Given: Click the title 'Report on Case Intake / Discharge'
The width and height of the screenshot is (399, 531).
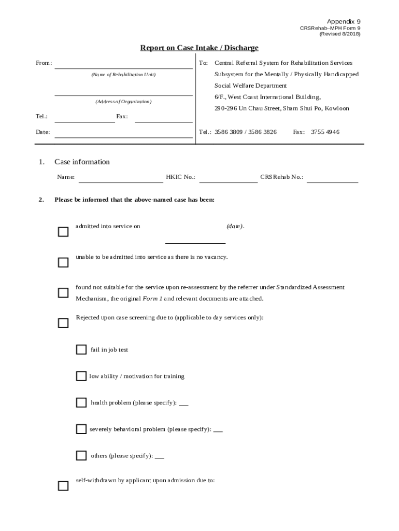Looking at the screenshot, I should [199, 48].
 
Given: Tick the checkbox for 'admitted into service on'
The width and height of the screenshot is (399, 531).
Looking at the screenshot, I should [63, 232].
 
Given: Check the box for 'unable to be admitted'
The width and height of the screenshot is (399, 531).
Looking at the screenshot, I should [63, 262].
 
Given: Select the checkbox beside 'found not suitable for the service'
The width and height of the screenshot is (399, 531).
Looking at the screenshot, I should [63, 293].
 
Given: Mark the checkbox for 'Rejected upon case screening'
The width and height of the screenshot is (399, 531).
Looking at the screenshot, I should [63, 323].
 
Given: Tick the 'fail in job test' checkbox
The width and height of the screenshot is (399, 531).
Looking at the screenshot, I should [81, 350].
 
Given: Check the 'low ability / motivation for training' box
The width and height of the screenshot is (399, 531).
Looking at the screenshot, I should [81, 376].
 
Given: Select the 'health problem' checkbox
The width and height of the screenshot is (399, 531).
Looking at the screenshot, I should [81, 402].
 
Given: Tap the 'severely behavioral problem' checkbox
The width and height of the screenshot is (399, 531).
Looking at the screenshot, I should [81, 429].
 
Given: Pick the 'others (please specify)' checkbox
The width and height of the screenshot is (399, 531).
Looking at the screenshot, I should [81, 455].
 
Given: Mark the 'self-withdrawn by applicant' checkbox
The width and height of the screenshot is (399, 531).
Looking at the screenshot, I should [63, 486].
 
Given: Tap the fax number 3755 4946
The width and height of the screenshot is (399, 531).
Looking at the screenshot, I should [325, 132].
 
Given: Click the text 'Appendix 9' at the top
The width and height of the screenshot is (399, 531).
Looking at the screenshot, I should [344, 22].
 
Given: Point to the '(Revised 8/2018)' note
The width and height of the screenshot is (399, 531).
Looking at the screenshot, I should [339, 34].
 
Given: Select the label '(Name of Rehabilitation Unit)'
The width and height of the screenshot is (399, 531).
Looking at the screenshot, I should [123, 75].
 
